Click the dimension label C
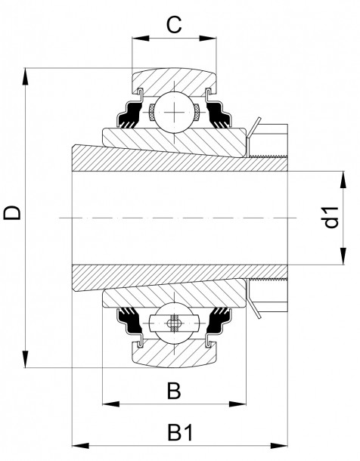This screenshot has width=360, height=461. pos(174,24)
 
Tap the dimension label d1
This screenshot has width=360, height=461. pos(330,218)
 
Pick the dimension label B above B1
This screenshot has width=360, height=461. pos(173,391)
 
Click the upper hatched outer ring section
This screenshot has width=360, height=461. pos(173,81)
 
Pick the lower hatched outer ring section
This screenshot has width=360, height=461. pos(173,354)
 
